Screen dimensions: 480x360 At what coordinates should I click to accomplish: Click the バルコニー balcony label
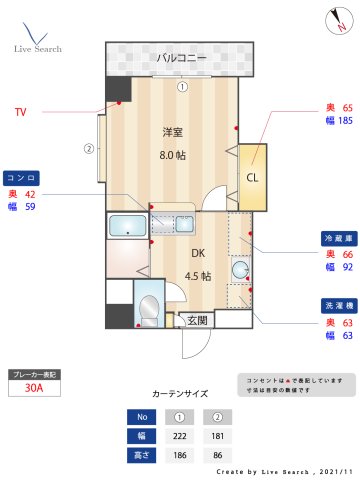182,58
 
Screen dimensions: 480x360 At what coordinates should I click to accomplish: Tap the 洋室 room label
173,132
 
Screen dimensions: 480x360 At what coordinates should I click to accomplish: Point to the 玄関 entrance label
197,321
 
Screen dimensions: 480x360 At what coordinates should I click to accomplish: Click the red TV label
20,112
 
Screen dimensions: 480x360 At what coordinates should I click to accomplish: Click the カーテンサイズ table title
179,395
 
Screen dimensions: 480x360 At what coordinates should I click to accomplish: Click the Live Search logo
37,35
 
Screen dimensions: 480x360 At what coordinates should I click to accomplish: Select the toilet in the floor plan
148,309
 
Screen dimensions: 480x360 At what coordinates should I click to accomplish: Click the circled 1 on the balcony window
182,87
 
